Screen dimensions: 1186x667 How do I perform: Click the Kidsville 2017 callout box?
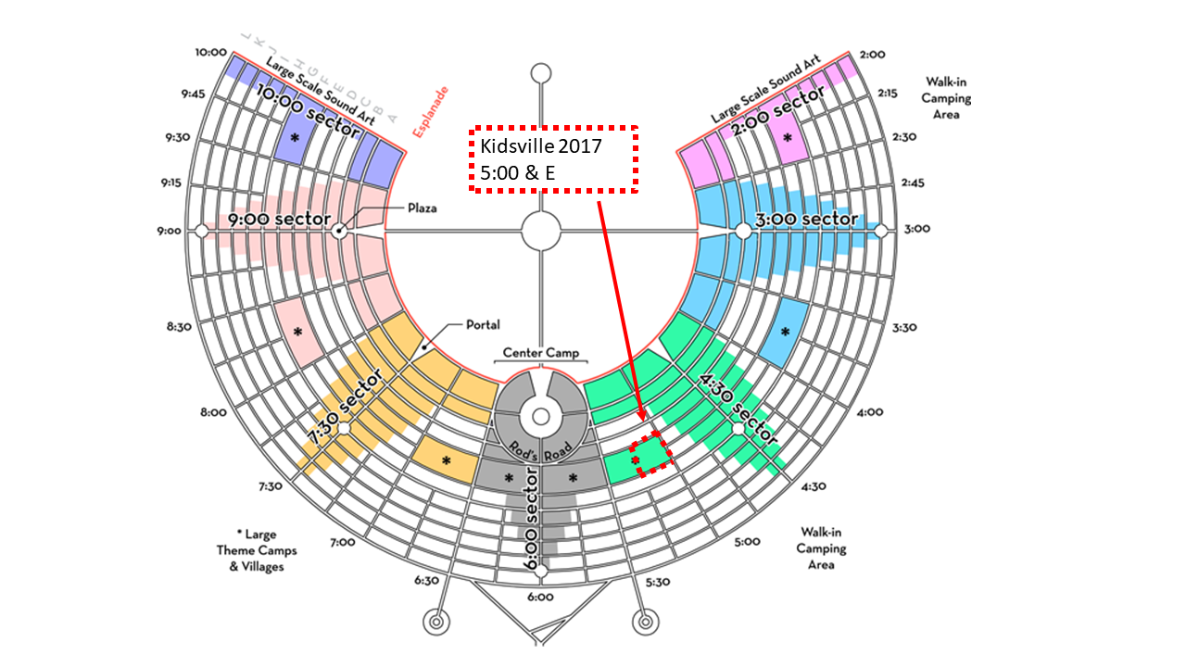[555, 158]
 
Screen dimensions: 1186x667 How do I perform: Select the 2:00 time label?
[874, 55]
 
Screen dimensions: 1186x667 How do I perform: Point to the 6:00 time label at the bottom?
[540, 598]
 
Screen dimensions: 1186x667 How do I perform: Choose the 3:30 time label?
[903, 327]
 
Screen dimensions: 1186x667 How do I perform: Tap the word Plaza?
[423, 208]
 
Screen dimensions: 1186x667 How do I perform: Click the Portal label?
[484, 324]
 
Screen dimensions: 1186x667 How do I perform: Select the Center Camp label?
[541, 353]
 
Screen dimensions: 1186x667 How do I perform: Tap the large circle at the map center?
[541, 230]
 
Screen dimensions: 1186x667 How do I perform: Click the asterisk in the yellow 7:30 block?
[446, 460]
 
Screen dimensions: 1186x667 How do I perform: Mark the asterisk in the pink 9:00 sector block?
[297, 332]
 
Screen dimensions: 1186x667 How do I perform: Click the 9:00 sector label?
[280, 220]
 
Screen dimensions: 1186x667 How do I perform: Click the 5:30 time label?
[657, 583]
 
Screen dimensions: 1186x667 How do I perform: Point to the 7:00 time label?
[343, 542]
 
